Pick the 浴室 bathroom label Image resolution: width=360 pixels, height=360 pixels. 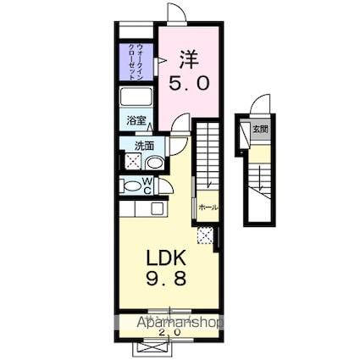tap(137, 121)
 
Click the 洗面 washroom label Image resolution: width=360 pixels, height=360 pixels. tap(144, 145)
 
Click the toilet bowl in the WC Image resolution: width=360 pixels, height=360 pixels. tap(132, 186)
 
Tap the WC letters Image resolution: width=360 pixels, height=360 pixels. tap(148, 186)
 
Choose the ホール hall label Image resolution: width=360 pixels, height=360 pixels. tap(208, 207)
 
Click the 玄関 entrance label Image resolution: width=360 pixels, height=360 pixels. tap(259, 130)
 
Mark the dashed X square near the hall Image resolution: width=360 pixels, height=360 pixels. tap(203, 235)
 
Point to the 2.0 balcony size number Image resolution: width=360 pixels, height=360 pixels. tap(170, 331)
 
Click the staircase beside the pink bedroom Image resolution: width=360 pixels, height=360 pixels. tap(208, 157)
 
